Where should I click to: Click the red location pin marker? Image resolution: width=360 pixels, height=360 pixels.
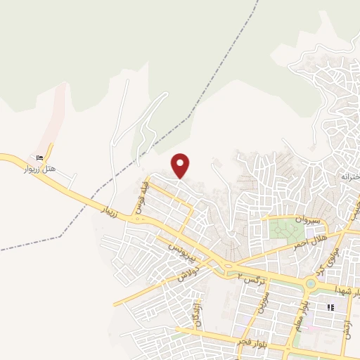click(x=181, y=165)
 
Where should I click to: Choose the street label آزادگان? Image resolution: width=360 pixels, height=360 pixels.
click(x=198, y=312)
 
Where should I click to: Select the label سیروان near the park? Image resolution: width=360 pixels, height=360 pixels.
click(x=308, y=220)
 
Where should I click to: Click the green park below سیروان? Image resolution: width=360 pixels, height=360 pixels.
click(x=284, y=230)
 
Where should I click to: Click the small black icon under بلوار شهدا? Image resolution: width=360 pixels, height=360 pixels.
click(x=330, y=307)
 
